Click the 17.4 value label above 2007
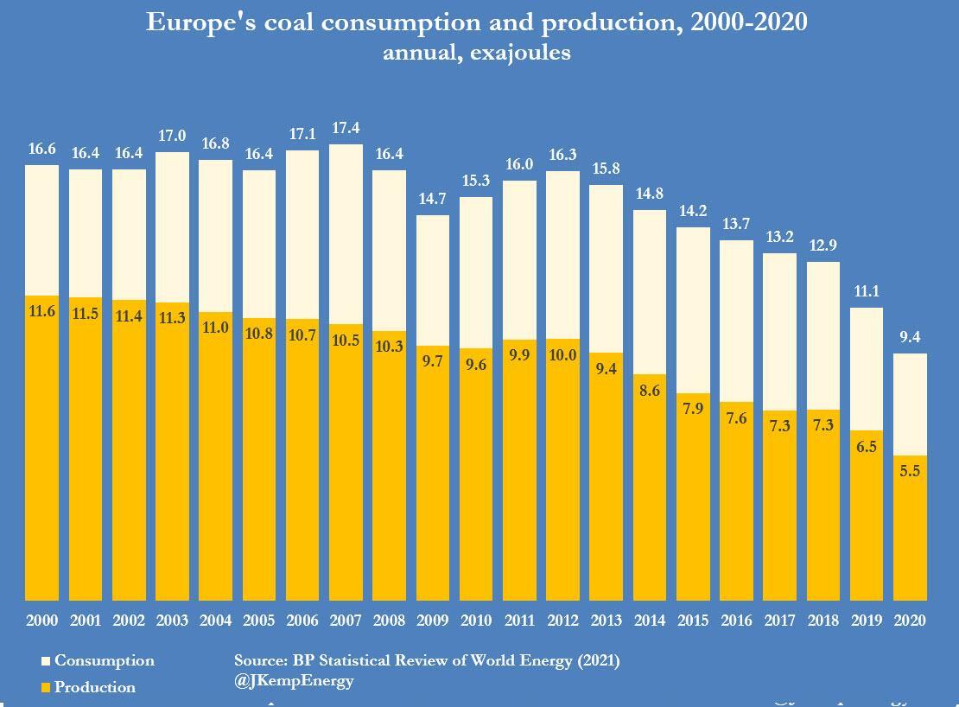346,129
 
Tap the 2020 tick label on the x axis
910,621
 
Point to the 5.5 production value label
910,473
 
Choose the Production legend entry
94,688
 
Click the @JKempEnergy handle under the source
294,680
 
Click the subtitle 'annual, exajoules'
477,52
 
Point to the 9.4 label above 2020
910,337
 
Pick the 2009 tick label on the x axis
433,621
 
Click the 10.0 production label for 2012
563,356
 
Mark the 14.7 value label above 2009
433,199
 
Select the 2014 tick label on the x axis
650,621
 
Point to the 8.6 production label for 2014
650,391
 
